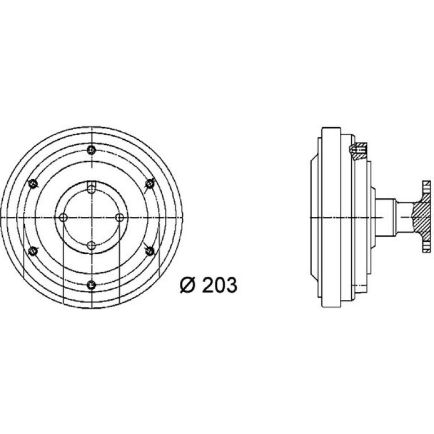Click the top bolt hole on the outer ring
91,150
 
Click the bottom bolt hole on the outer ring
91,285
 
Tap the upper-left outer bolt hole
33,184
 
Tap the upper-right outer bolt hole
150,184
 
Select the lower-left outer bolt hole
33,251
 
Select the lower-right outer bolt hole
150,251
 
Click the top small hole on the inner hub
91,189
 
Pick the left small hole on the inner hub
63,218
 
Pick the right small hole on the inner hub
119,218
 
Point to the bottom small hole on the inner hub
91,246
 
